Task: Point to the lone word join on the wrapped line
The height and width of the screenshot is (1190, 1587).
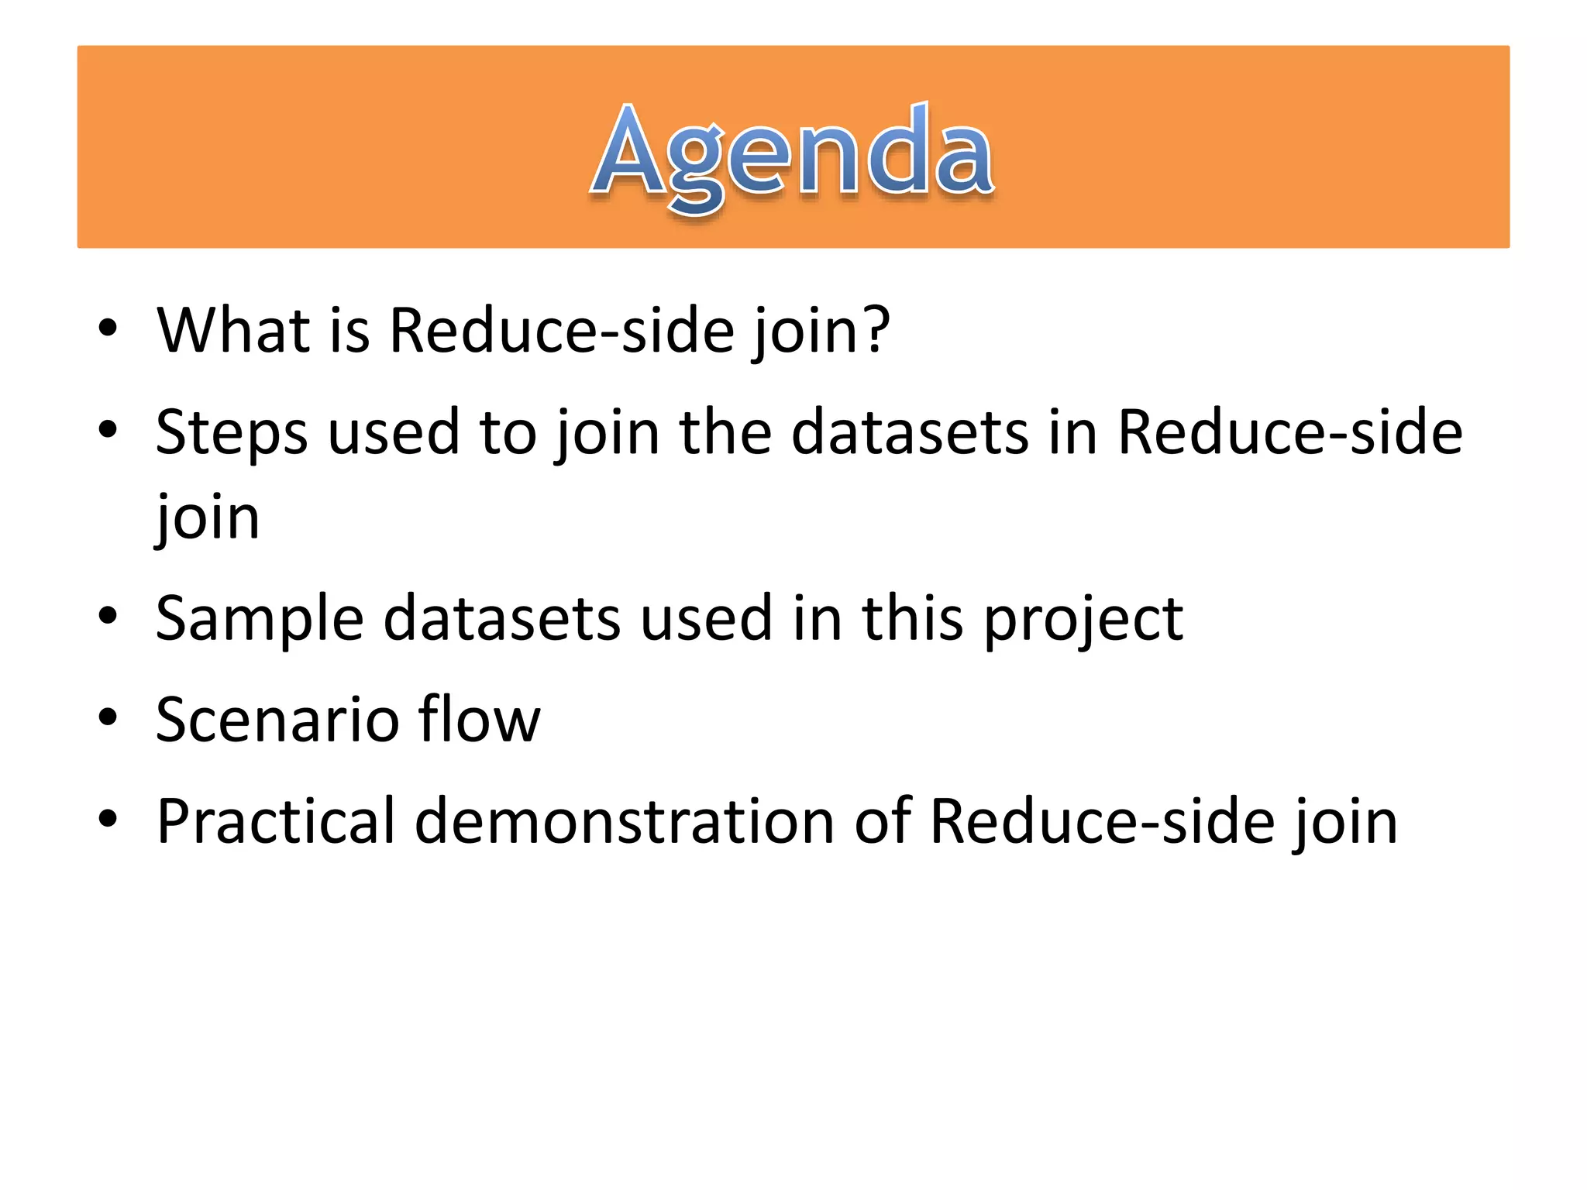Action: pyautogui.click(x=207, y=518)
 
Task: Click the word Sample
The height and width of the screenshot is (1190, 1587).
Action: pyautogui.click(x=259, y=620)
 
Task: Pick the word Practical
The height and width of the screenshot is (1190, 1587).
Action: pyautogui.click(x=275, y=821)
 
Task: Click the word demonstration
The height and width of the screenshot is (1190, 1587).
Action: pyautogui.click(x=624, y=821)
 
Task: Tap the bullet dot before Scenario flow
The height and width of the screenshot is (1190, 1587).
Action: pyautogui.click(x=108, y=717)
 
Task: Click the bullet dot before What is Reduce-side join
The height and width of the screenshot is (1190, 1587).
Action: pyautogui.click(x=108, y=328)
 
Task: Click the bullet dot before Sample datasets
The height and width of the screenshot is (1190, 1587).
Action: pyautogui.click(x=108, y=616)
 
